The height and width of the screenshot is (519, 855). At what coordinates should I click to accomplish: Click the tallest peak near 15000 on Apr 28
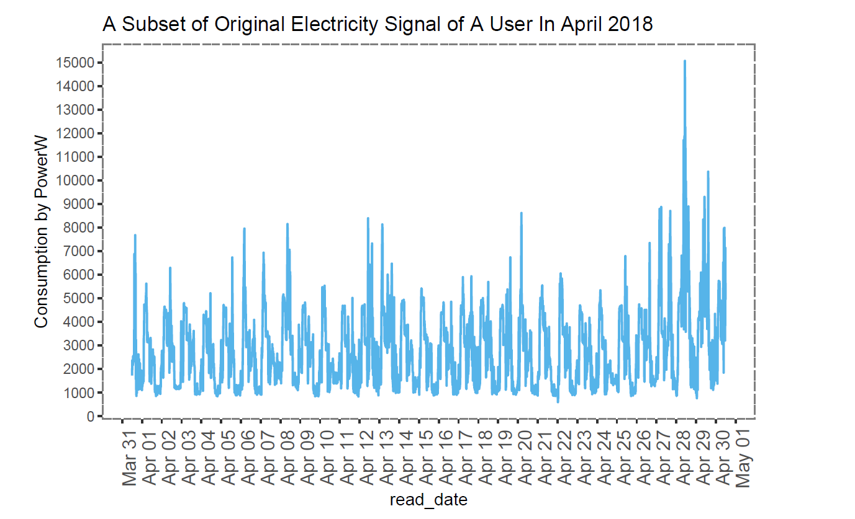tap(684, 61)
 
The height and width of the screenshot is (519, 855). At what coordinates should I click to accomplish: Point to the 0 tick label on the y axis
tap(90, 416)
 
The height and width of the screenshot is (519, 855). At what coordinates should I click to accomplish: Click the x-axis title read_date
tap(428, 500)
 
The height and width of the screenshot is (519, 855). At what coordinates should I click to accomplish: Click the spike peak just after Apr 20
tap(521, 213)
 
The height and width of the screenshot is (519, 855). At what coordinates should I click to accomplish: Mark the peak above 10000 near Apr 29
tap(708, 172)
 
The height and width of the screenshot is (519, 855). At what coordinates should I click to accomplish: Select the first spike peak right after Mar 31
tap(135, 236)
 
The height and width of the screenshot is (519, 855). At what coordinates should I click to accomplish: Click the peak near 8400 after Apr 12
tap(368, 218)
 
